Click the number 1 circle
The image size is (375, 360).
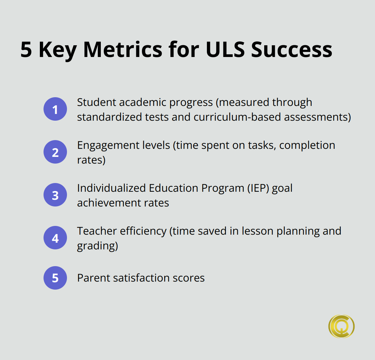[x=55, y=109]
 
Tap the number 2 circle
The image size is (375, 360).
[x=55, y=152]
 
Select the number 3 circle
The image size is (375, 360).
[x=55, y=195]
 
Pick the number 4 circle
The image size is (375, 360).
[x=55, y=238]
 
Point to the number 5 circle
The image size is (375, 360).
[x=55, y=278]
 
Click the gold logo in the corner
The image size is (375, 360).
[x=341, y=326]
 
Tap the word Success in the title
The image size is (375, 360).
[x=292, y=50]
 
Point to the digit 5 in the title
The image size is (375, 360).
[x=27, y=50]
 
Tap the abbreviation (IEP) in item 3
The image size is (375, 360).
[x=258, y=188]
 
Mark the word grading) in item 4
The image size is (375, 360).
[x=97, y=246]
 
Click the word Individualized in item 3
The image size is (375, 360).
[x=111, y=188]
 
